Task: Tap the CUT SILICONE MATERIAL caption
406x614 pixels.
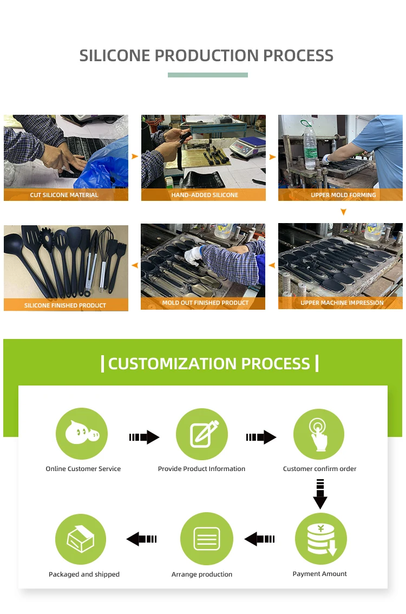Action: point(64,195)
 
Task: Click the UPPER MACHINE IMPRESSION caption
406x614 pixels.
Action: point(342,303)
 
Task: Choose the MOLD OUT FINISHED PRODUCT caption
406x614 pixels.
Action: point(205,303)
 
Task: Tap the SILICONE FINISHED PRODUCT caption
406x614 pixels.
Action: point(65,305)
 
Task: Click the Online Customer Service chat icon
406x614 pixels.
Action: point(82,434)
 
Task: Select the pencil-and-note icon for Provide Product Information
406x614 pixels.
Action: point(202,434)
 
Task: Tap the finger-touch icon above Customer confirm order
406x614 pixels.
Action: point(319,434)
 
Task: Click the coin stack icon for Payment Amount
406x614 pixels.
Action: point(321,539)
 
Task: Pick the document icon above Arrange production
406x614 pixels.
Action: point(206,539)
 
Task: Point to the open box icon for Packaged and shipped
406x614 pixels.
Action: point(81,539)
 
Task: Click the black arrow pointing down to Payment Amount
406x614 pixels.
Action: point(320,494)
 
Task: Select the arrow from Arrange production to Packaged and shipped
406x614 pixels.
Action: point(142,539)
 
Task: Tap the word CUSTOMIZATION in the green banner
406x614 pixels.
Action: point(171,363)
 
